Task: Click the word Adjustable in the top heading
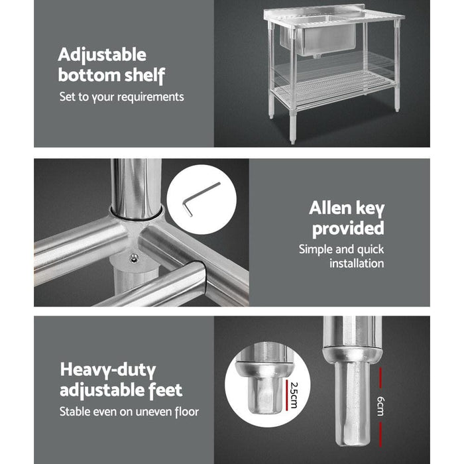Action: point(101,54)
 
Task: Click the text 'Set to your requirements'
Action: point(121,97)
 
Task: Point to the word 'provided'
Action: point(348,229)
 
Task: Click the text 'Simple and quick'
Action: point(341,249)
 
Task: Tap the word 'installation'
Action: point(357,263)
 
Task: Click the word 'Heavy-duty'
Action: point(107,369)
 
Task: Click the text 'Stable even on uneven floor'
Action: point(129,412)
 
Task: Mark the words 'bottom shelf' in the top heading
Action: point(111,75)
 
